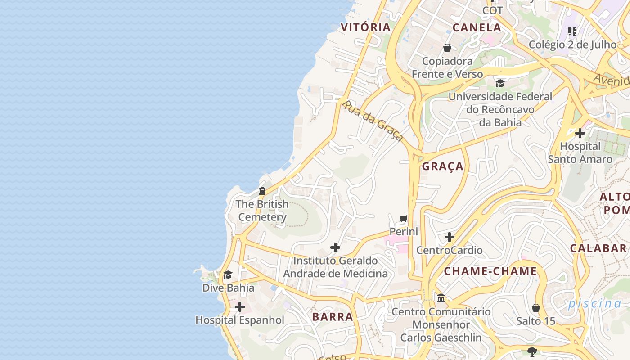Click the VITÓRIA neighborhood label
pos(365,27)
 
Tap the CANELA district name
pos(477,27)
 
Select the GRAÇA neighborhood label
pos(443,166)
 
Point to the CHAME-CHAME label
pos(490,271)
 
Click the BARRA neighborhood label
pos(333,317)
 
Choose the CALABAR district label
pos(598,248)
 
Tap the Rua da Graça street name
pos(372,121)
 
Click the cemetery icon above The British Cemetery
pos(262,191)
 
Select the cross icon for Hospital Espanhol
pos(240,307)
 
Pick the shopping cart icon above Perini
pos(404,219)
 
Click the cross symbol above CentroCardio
pos(449,237)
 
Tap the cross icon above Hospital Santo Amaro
pos(580,133)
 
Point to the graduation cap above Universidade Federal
pos(500,83)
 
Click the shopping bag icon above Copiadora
pos(447,48)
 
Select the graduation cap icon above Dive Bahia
pos(228,274)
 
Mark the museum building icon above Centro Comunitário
pos(441,298)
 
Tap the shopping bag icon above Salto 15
pos(535,308)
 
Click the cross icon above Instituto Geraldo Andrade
pos(335,247)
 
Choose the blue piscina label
pos(594,303)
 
